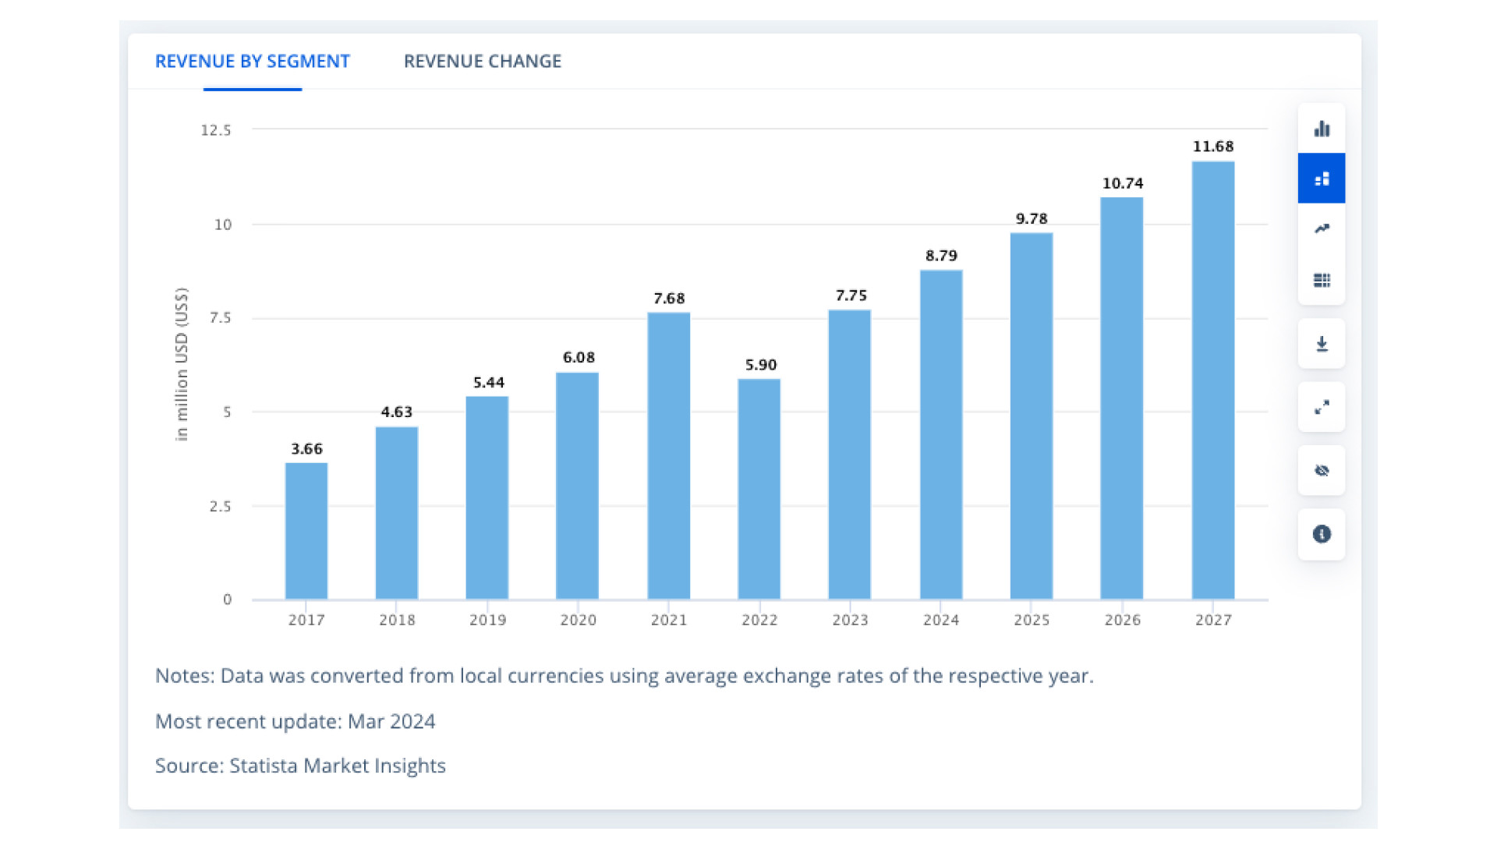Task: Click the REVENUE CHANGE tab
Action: click(482, 62)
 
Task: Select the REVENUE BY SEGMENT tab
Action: click(252, 62)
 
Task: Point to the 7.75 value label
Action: click(851, 295)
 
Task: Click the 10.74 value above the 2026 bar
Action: click(1122, 183)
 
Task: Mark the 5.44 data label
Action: click(488, 383)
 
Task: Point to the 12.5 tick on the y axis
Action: click(216, 130)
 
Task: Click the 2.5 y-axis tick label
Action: click(220, 507)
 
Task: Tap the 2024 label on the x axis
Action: click(940, 620)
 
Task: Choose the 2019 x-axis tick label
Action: click(487, 620)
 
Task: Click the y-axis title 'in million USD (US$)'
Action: click(182, 364)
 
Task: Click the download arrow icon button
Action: click(1321, 344)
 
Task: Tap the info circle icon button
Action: click(1321, 534)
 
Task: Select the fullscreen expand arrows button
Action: click(1321, 407)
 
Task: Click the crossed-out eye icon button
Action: click(1321, 470)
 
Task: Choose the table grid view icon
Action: click(1321, 280)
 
